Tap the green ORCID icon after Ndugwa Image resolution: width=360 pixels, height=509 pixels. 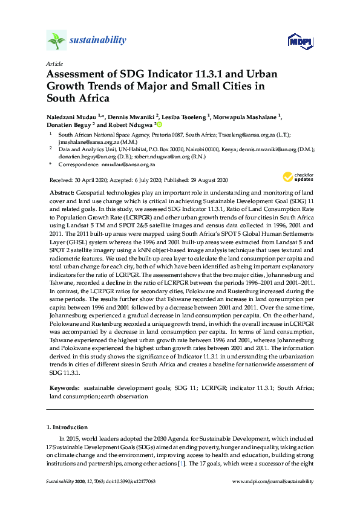pos(159,125)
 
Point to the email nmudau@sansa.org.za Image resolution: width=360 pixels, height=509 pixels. pos(128,164)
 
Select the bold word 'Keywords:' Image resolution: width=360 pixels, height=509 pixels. pos(64,387)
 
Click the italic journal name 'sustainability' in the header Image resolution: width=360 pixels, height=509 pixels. pos(98,41)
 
